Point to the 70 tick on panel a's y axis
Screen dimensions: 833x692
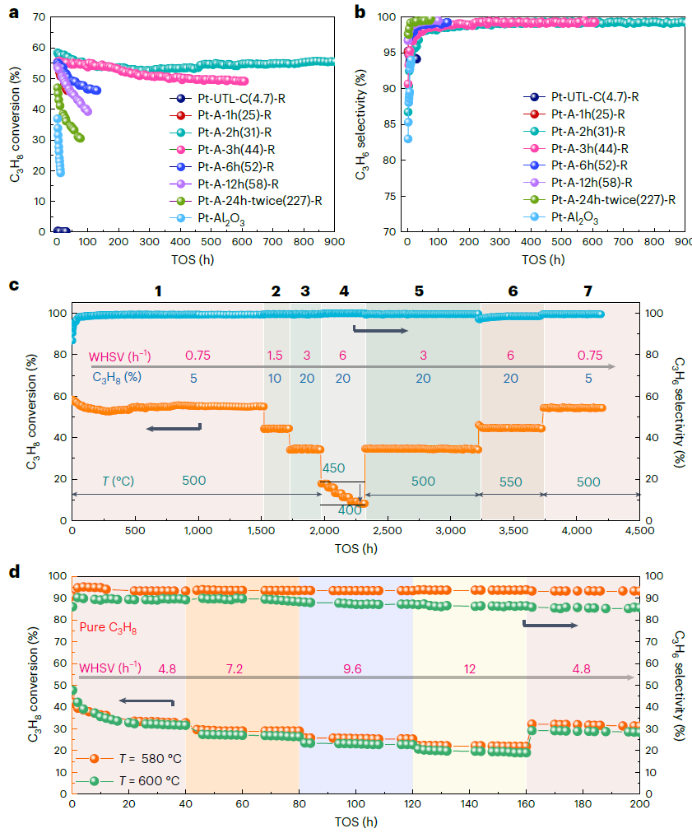[38, 17]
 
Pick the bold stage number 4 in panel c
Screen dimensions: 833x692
[343, 291]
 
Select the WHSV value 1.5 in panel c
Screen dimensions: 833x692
[276, 356]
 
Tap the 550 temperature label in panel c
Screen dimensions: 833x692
[510, 482]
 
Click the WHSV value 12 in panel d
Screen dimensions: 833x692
[470, 670]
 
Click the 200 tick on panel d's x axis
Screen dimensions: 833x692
[639, 806]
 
